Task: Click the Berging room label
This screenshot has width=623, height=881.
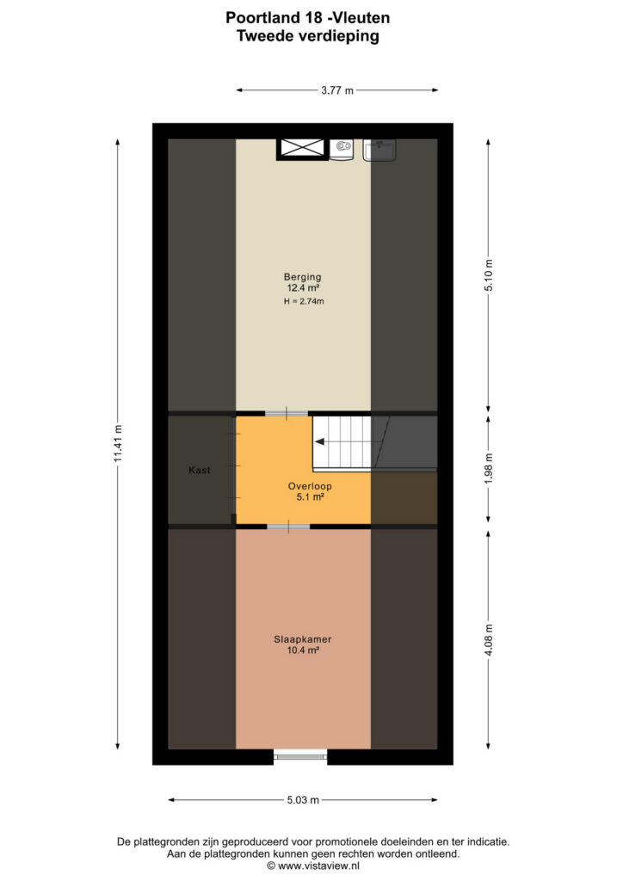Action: [302, 276]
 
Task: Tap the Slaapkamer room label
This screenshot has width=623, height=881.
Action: [302, 639]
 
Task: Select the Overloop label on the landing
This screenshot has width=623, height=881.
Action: [310, 486]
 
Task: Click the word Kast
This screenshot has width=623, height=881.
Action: [200, 470]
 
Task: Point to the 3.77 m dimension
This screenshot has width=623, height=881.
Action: [337, 89]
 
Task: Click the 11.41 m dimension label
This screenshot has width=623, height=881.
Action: [118, 444]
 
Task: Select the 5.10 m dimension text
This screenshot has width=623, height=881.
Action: [489, 274]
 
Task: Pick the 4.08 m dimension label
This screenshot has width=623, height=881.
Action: [489, 639]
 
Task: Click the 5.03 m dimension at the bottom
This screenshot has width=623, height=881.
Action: [303, 799]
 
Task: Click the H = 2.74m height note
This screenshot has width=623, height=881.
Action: [304, 301]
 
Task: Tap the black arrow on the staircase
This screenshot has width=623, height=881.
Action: [319, 441]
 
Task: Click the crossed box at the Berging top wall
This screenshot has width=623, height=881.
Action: [302, 148]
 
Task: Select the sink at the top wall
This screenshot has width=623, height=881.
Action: [379, 150]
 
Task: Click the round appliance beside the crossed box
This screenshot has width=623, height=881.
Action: [342, 149]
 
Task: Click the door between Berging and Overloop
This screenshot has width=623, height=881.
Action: [287, 414]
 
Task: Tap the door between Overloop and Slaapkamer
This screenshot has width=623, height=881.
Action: [288, 527]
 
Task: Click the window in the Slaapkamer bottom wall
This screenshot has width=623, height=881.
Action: [300, 757]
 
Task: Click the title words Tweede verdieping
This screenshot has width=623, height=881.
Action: [308, 36]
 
